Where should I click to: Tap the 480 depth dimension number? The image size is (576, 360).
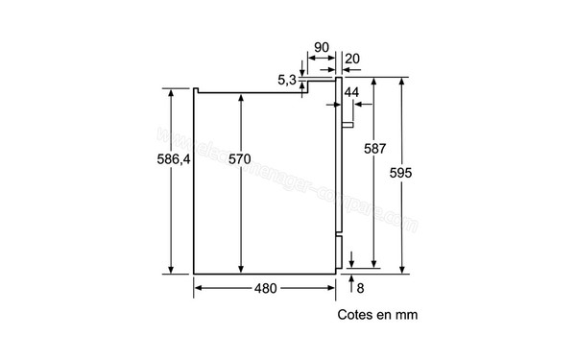[x=267, y=288]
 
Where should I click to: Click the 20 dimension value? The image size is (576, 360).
[x=353, y=60]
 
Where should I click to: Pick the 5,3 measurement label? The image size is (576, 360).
[x=288, y=81]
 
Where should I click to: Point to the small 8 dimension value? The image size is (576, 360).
[x=360, y=287]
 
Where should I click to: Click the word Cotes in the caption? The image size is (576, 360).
[x=356, y=314]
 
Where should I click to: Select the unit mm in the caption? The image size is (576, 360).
[x=408, y=314]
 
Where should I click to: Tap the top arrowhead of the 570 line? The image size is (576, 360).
[x=243, y=100]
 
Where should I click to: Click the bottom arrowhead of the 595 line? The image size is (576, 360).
[x=402, y=270]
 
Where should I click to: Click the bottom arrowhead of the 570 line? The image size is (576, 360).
[x=243, y=270]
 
